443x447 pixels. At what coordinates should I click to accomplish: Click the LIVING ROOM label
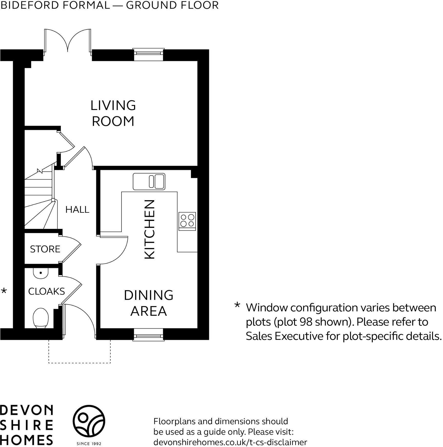pos(113,113)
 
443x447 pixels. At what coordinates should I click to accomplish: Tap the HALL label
pos(77,209)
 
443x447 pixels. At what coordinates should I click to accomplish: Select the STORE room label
pos(45,249)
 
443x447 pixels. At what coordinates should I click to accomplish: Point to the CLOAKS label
pos(46,291)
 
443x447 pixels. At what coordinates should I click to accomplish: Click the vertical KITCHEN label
pos(150,229)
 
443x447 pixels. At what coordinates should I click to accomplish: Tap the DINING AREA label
pos(149,303)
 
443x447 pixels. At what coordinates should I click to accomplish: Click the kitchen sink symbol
pos(149,181)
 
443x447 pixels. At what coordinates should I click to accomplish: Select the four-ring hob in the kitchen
pos(187,221)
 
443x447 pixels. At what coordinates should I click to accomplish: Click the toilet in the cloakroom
pos(41,318)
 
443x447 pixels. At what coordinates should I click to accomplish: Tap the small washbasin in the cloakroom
pos(41,273)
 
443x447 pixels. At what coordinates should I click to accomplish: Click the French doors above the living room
pos(68,41)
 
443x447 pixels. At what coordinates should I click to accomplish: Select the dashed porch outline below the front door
pos(79,362)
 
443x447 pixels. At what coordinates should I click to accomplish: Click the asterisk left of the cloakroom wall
pos(4,291)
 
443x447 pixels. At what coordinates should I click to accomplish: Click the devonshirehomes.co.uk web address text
pos(230,442)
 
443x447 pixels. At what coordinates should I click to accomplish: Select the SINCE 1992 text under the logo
pos(89,443)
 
